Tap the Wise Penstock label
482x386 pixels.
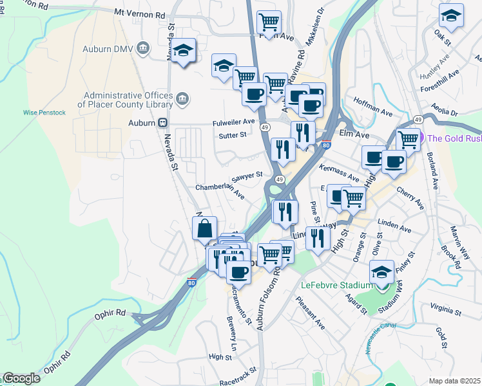[44, 112]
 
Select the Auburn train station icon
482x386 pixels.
[164, 122]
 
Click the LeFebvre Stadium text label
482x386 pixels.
[336, 285]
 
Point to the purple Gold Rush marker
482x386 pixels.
[421, 138]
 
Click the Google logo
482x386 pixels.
[21, 378]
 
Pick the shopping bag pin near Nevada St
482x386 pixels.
[204, 228]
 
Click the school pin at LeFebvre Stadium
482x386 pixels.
[382, 273]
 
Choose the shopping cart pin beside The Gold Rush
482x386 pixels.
[407, 139]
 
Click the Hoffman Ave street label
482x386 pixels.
[373, 107]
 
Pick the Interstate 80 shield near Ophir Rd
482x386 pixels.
[191, 282]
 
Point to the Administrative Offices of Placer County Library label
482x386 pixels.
[126, 100]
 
